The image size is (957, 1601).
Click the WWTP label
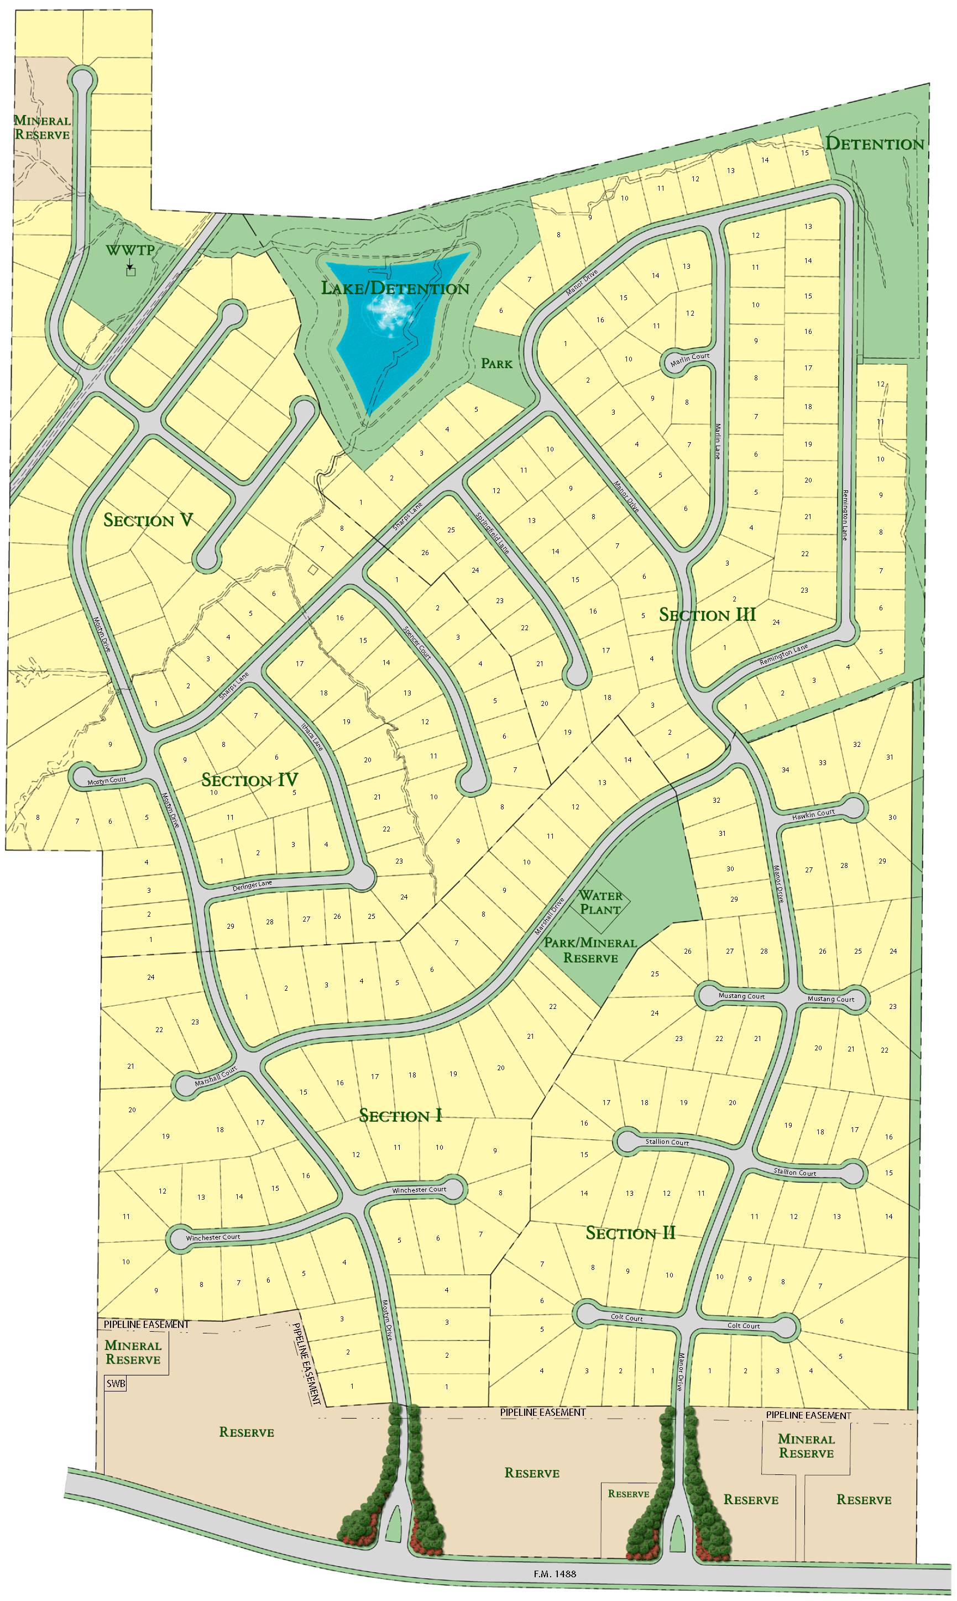click(130, 249)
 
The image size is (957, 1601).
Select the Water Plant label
click(600, 903)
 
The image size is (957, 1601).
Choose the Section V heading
click(148, 520)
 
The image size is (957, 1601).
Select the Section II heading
click(630, 1233)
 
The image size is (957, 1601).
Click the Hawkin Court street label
click(814, 815)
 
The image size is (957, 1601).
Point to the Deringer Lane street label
click(252, 886)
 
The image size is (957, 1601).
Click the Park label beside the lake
click(496, 364)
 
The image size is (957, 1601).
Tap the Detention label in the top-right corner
click(875, 144)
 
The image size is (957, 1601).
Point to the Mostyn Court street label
click(107, 780)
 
